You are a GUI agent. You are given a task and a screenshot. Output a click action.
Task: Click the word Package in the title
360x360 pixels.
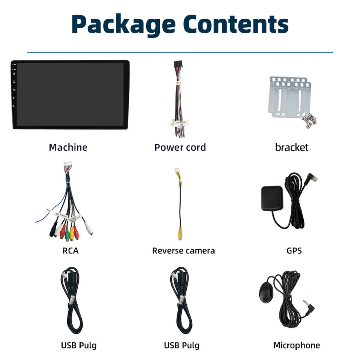123,24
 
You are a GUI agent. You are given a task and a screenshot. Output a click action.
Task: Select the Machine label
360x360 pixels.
68,147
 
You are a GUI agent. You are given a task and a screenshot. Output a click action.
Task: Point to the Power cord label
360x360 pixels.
180,147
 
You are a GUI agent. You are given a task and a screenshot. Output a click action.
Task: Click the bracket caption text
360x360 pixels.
291,147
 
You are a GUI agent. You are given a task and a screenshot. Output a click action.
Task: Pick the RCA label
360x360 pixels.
70,251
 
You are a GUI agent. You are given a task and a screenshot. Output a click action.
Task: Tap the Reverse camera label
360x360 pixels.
183,251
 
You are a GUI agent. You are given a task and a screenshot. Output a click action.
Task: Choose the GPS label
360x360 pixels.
294,251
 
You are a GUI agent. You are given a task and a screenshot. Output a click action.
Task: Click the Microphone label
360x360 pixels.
297,345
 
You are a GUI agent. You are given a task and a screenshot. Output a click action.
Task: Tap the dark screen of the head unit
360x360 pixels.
70,94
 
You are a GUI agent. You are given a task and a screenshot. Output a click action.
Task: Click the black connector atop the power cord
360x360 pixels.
177,66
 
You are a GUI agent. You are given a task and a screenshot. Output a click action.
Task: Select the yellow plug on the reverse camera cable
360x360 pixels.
180,234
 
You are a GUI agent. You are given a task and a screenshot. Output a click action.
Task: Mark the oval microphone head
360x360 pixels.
267,291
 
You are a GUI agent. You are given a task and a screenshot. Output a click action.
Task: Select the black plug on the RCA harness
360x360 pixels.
53,231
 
